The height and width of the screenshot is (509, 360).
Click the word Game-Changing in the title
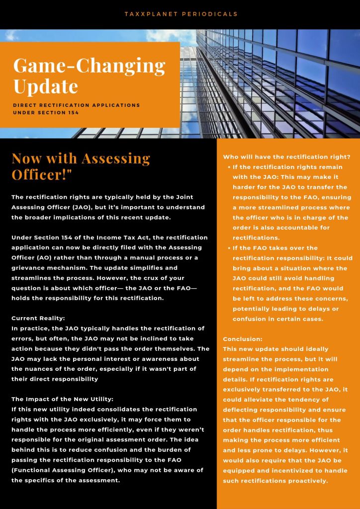tap(89, 66)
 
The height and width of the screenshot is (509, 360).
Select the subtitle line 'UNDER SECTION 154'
tap(45, 112)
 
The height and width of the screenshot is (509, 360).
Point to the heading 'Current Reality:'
tap(35, 318)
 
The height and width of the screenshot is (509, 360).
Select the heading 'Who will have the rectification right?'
tap(286, 157)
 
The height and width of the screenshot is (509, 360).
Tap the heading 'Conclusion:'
tap(242, 339)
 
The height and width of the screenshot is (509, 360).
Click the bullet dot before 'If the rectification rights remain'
tap(229, 168)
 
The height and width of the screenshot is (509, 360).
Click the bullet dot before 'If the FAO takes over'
tap(229, 248)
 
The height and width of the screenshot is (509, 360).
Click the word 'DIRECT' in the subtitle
tap(26, 105)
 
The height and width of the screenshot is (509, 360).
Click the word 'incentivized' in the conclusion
tap(284, 471)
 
